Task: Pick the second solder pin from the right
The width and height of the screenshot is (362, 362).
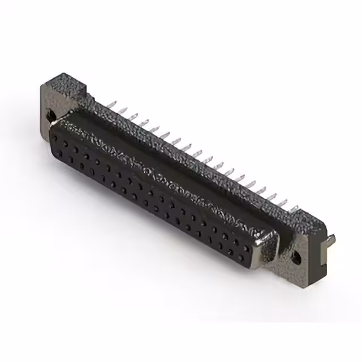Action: (x=283, y=202)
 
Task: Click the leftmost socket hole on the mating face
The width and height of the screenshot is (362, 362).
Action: (x=58, y=137)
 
